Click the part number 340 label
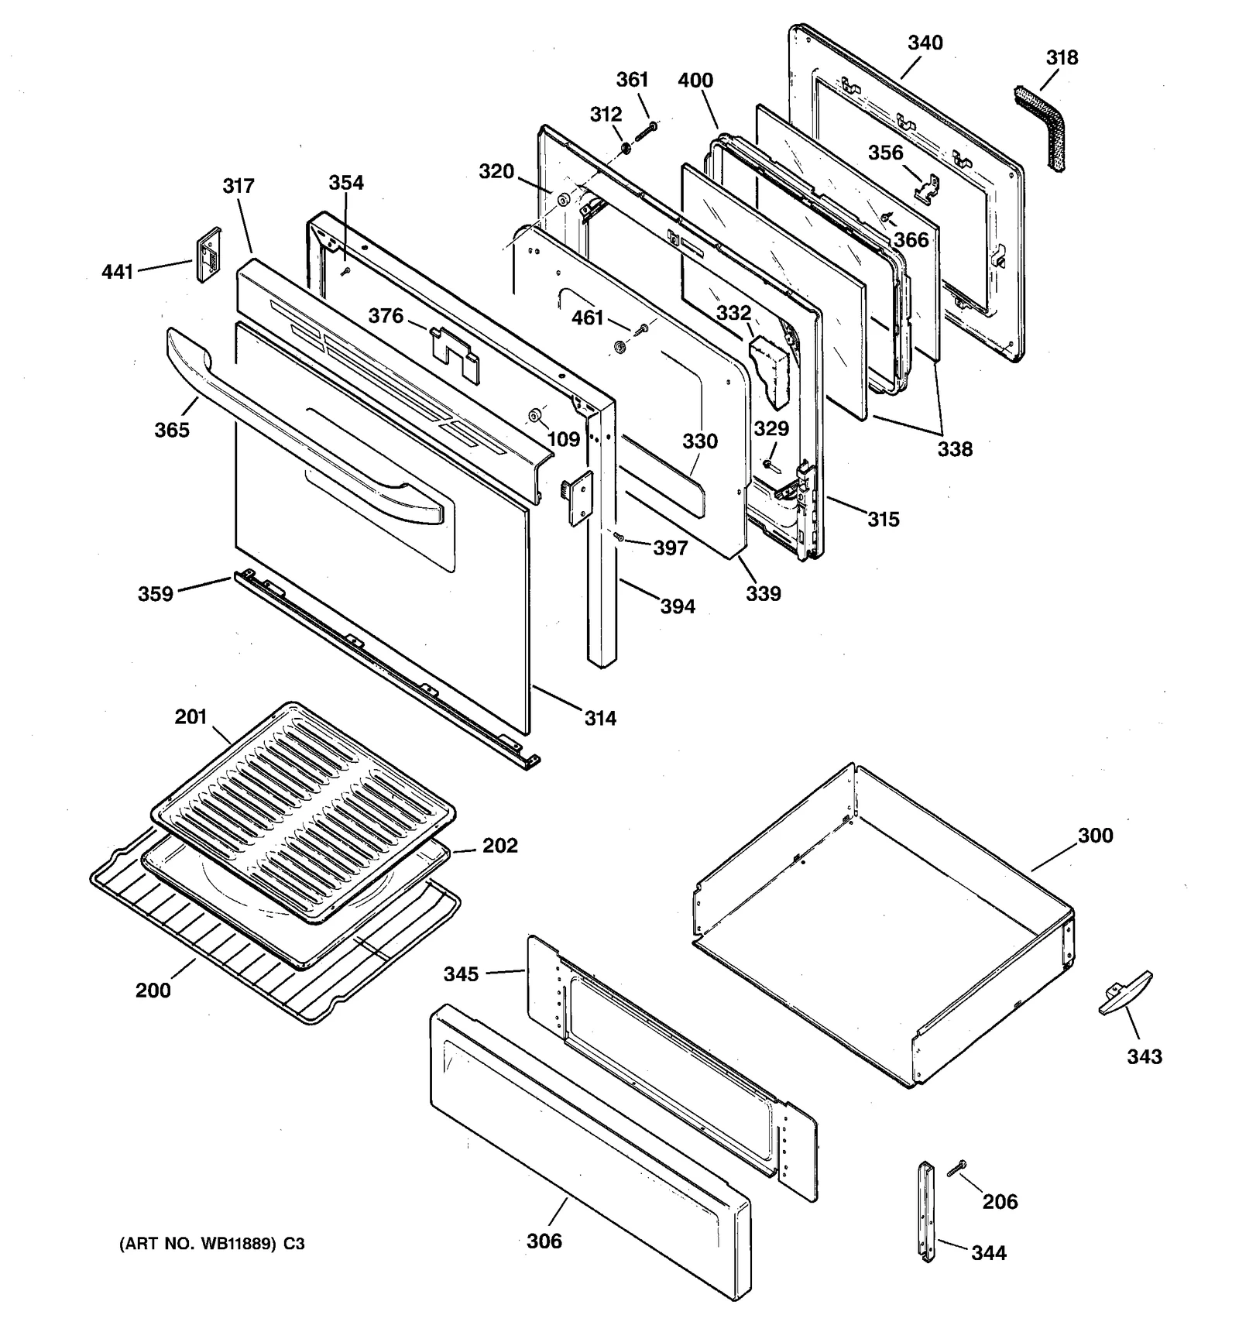coord(925,43)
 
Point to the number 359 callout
coord(155,594)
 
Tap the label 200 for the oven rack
coord(153,990)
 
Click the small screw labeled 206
coord(957,1168)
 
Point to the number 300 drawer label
coord(1095,836)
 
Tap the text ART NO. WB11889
coord(199,1244)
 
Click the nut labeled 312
coord(626,146)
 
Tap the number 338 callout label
coord(954,449)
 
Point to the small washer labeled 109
coord(534,417)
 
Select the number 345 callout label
coord(461,973)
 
